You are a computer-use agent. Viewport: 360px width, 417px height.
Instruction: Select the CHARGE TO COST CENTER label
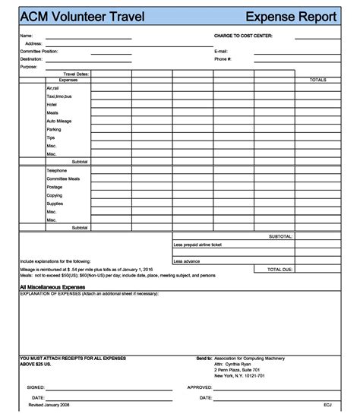point(243,36)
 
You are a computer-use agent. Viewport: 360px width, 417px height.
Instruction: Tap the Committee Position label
point(39,51)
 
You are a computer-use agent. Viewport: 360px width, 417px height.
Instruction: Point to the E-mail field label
point(221,51)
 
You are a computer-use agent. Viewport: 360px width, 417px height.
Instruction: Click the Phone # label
point(223,58)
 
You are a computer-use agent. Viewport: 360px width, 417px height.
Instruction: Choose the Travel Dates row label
point(76,74)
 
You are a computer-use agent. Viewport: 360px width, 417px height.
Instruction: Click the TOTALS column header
point(317,79)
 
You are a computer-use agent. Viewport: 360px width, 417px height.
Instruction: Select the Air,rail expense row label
point(53,88)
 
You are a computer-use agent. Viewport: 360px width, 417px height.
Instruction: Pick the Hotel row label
point(52,104)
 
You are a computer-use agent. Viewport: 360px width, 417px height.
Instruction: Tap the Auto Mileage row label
point(58,121)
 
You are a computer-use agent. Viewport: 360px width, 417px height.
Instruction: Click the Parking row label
point(54,129)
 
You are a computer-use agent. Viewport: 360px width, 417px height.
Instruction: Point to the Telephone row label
point(57,170)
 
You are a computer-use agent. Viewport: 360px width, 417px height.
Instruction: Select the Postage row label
point(55,187)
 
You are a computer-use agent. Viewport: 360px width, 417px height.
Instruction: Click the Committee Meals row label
point(63,178)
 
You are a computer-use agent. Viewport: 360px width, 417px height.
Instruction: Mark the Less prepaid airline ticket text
point(197,245)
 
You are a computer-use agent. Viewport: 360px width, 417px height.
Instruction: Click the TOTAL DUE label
point(279,269)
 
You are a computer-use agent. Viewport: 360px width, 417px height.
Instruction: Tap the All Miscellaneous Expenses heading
point(52,287)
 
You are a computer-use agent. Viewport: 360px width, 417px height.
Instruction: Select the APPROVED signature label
point(199,387)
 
